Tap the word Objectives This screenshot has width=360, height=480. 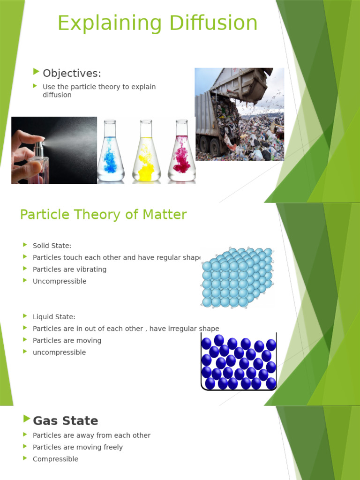coord(72,73)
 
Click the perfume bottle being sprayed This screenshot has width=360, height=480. coord(37,162)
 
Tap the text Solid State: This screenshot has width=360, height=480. coord(52,245)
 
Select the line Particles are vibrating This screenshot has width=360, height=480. coord(69,270)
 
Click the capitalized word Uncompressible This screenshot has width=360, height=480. coord(60,281)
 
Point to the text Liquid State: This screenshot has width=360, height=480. coord(54,317)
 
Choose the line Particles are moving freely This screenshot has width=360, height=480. coord(78,447)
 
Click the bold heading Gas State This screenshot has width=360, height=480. coord(65,420)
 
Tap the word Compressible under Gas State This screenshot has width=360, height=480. coord(55,459)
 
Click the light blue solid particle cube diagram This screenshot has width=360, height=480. coord(236,277)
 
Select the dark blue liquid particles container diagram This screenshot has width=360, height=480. coord(238,362)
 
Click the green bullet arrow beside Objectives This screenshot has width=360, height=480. coord(37,72)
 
